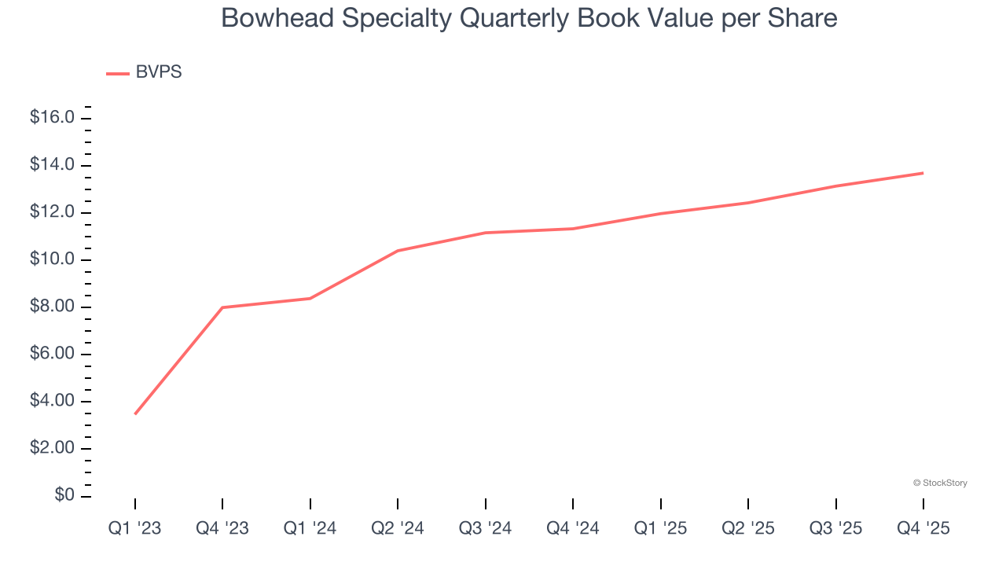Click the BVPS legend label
159,72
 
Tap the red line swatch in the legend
118,74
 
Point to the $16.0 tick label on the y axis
52,118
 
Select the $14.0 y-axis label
52,165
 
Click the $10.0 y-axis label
52,259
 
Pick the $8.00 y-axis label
52,307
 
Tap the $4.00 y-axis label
52,401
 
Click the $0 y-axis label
64,495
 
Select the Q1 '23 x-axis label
134,528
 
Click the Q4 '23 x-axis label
222,528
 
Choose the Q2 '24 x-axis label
398,528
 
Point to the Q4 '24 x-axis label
573,528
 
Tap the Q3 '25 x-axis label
835,528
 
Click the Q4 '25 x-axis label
923,528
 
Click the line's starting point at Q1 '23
135,413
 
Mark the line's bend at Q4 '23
222,307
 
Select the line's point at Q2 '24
398,251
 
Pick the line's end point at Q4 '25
923,173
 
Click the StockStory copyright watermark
940,483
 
